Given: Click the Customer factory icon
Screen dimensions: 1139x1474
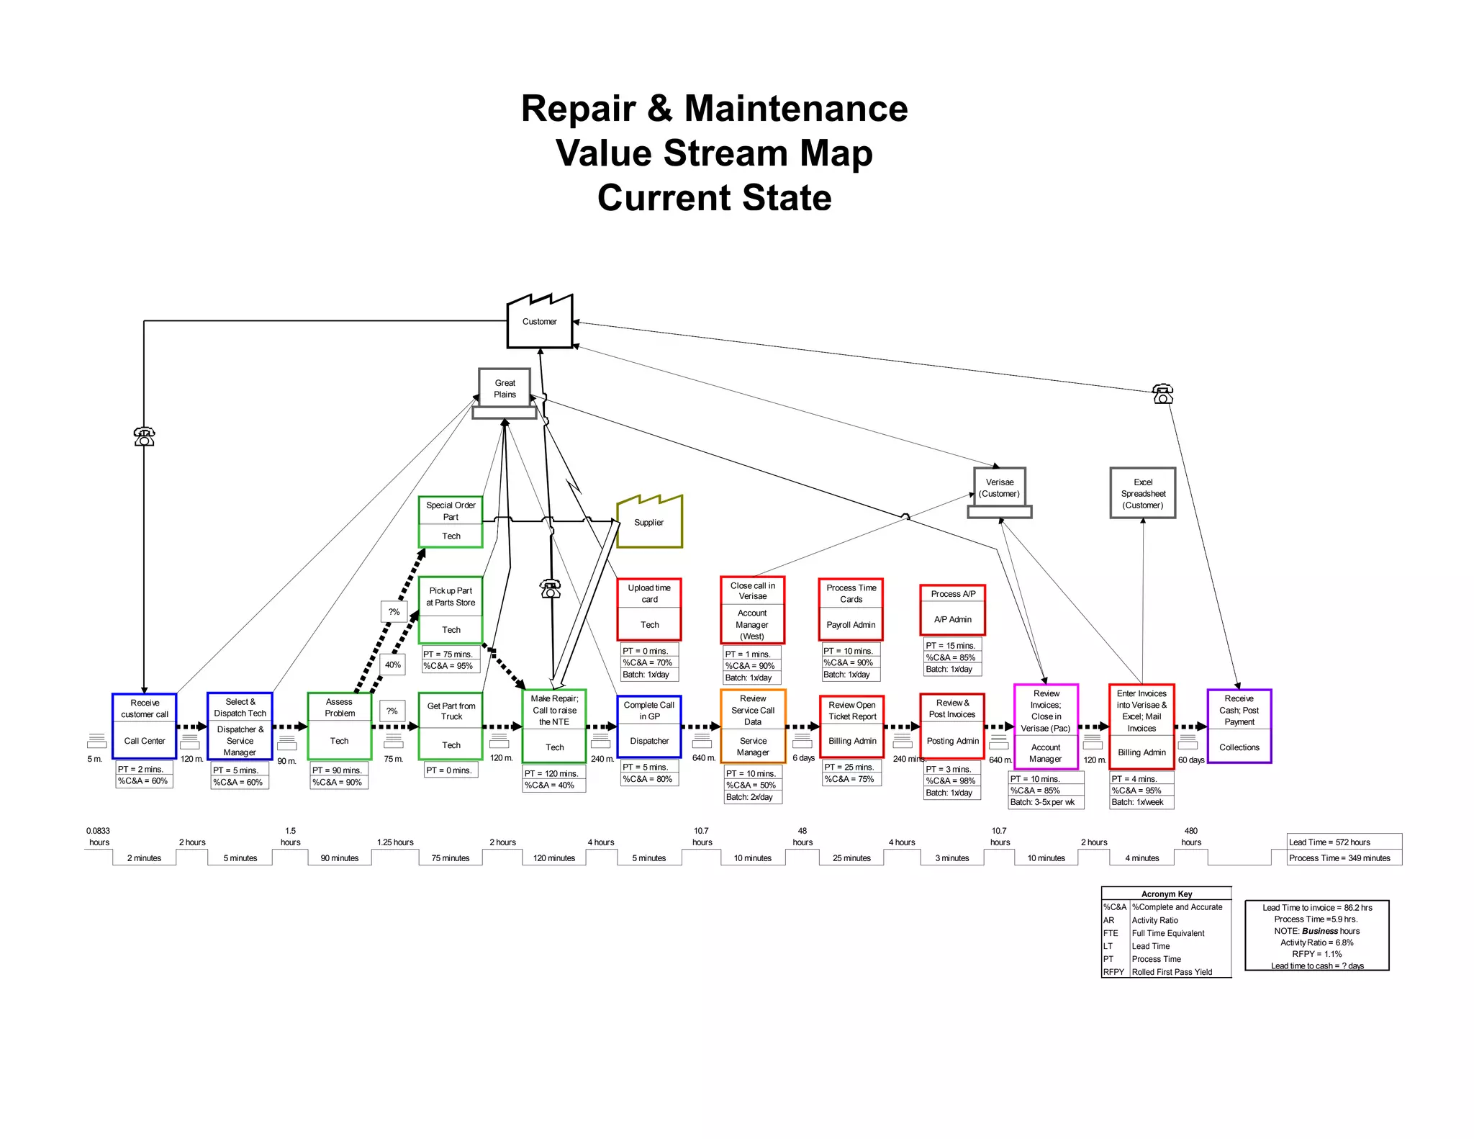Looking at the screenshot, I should tap(539, 322).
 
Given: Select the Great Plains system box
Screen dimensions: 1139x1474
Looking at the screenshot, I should tap(505, 389).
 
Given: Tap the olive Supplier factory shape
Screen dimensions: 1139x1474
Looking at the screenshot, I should tap(649, 523).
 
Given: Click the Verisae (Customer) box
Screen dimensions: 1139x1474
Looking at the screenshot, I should tap(999, 488).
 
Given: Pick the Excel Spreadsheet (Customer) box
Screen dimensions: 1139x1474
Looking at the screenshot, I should tap(1142, 493).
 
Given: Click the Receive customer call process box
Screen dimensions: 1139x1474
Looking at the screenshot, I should tap(145, 726).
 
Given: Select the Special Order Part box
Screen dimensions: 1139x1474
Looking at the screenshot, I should tap(451, 521).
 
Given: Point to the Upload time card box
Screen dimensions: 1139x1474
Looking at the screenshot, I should tap(649, 609).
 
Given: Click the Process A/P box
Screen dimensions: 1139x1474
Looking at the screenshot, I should tap(952, 609).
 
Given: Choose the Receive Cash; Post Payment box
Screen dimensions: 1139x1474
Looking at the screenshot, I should tap(1239, 726).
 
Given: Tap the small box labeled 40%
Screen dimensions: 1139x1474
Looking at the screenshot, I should tap(392, 665).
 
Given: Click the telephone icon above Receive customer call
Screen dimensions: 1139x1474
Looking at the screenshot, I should tap(144, 436).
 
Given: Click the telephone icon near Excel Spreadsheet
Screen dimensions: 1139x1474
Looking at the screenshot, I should tap(1162, 394).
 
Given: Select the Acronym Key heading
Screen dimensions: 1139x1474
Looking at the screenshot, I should tap(1166, 893).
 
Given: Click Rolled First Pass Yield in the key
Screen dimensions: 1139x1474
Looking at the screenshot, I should tap(1172, 972).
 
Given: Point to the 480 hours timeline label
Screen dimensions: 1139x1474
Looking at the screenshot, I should tap(1190, 836).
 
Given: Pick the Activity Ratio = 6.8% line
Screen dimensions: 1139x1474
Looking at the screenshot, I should tap(1316, 942).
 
